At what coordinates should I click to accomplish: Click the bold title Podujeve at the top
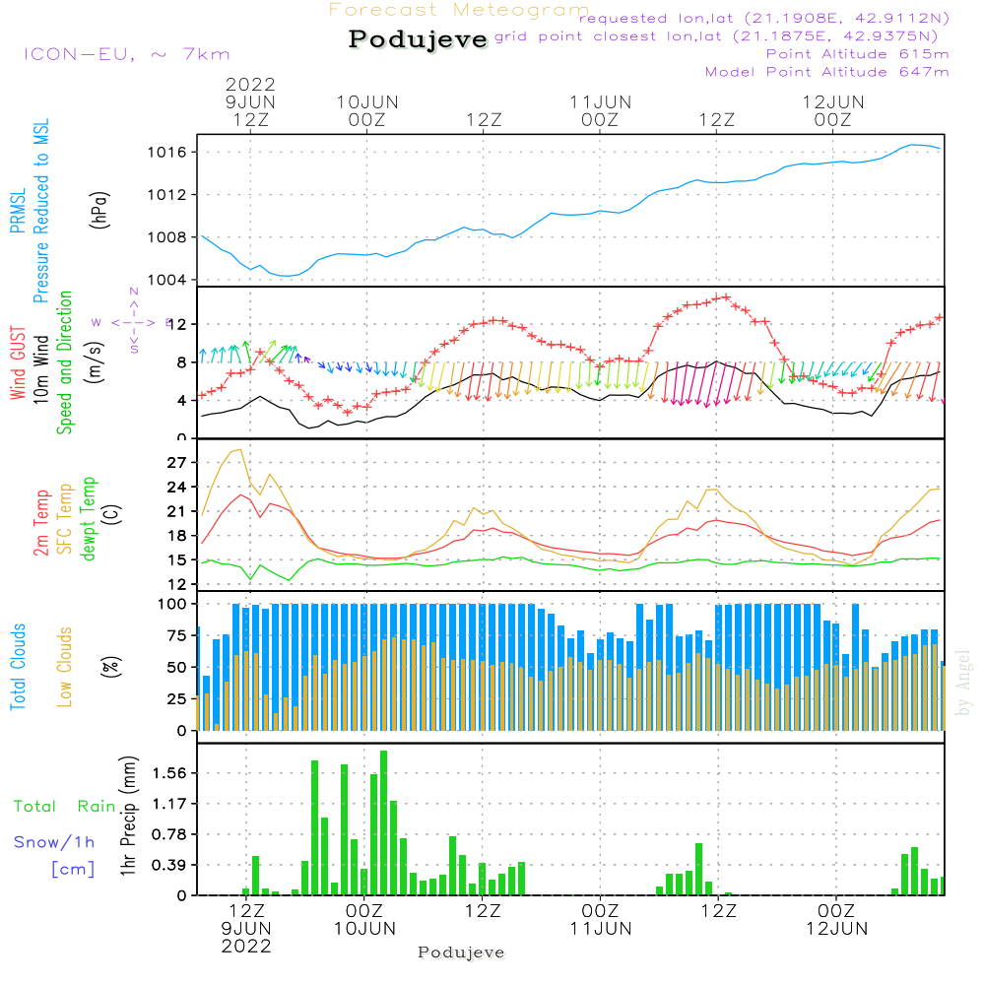pyautogui.click(x=419, y=39)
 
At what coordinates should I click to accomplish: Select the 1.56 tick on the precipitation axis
pyautogui.click(x=171, y=773)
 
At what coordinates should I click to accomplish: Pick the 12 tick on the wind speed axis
pyautogui.click(x=179, y=325)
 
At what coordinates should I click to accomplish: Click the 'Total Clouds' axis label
pyautogui.click(x=18, y=667)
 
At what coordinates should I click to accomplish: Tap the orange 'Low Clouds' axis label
pyautogui.click(x=65, y=667)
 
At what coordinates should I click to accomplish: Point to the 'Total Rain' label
pyautogui.click(x=64, y=807)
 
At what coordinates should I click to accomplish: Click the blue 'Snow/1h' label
pyautogui.click(x=54, y=842)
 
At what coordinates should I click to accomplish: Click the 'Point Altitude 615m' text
pyautogui.click(x=857, y=54)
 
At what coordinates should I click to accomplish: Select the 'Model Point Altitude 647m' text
pyautogui.click(x=827, y=72)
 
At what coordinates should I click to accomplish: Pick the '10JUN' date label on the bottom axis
pyautogui.click(x=364, y=928)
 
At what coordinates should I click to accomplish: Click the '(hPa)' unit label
pyautogui.click(x=98, y=209)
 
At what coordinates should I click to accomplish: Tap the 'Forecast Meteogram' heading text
pyautogui.click(x=459, y=10)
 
